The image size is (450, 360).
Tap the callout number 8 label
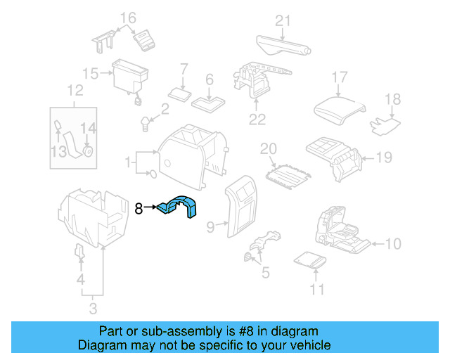click(139, 208)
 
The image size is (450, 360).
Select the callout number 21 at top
click(282, 21)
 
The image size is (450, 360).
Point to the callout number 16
click(127, 17)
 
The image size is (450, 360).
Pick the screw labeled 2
click(146, 124)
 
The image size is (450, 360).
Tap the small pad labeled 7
click(179, 94)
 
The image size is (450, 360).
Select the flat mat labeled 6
click(207, 103)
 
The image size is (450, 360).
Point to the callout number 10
click(393, 244)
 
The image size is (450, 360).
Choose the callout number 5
click(264, 271)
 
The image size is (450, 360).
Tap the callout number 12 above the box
click(75, 90)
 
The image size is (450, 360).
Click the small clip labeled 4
click(79, 252)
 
